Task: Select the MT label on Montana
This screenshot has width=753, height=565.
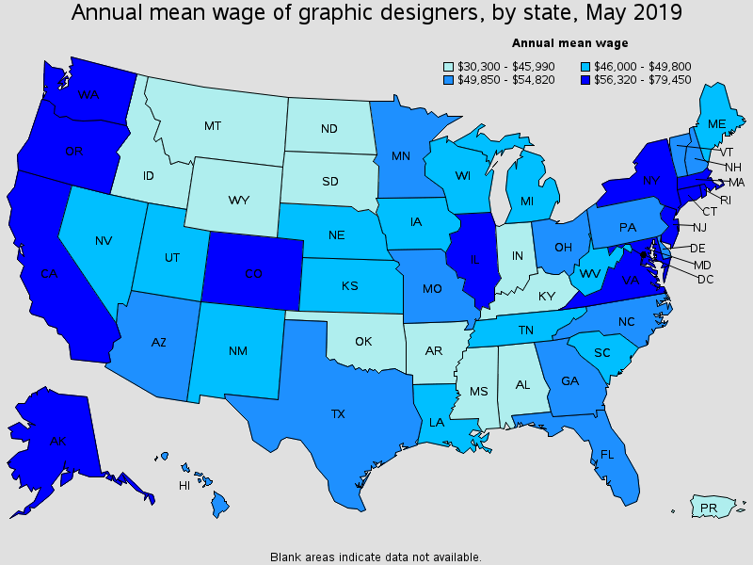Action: [x=213, y=125]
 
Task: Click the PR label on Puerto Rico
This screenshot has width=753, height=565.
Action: [x=709, y=508]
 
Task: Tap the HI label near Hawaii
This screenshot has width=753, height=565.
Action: [x=184, y=486]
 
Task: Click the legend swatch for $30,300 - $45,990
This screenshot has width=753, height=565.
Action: [x=449, y=66]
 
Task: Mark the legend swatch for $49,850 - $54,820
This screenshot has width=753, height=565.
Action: [x=449, y=79]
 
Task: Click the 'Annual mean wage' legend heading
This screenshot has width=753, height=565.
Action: [x=569, y=43]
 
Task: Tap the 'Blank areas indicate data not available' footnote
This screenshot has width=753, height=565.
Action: [x=376, y=557]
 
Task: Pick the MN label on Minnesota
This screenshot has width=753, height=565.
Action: [x=401, y=155]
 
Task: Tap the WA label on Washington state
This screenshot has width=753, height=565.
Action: [x=89, y=95]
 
